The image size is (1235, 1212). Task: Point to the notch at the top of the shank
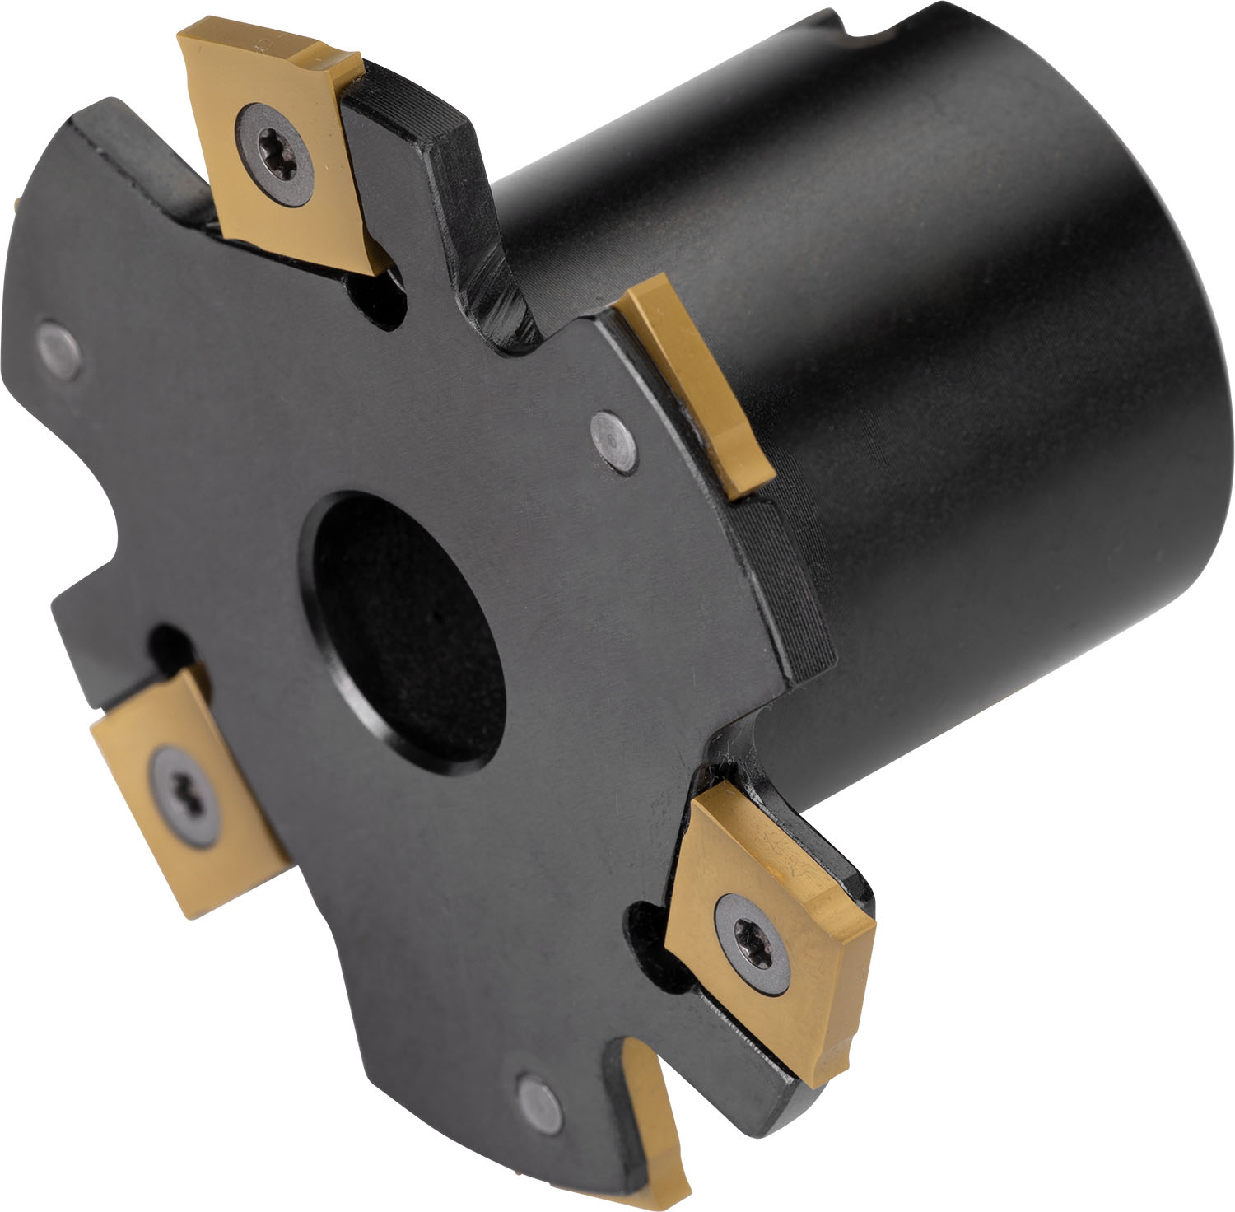[x=864, y=29]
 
